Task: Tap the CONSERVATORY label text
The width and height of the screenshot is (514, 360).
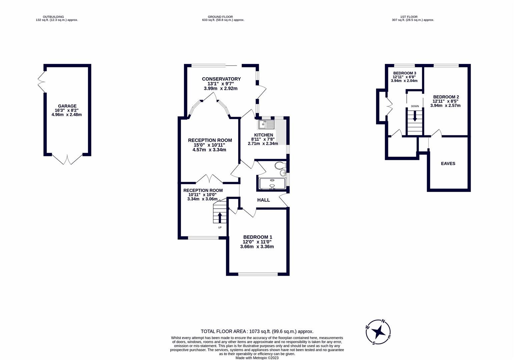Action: (x=221, y=79)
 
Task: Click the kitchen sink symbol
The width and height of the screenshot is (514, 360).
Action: (x=266, y=124)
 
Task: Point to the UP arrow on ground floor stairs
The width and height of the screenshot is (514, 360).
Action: (x=219, y=218)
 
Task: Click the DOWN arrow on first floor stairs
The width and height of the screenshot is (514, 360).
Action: (x=415, y=116)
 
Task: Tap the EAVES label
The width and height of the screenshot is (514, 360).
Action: (x=448, y=163)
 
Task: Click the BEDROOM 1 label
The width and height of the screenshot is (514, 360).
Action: (x=258, y=237)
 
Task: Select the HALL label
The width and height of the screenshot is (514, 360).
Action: (x=263, y=200)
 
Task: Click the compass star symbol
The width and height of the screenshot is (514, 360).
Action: (x=379, y=332)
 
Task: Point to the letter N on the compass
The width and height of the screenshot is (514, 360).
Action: (x=383, y=321)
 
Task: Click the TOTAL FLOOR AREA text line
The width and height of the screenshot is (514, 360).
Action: (x=257, y=331)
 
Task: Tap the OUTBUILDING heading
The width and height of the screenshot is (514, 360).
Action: (x=53, y=17)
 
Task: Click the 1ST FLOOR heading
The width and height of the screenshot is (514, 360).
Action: (x=409, y=17)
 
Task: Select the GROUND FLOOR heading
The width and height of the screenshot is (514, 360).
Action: (x=220, y=17)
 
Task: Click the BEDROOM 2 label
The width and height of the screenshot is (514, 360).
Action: (x=446, y=97)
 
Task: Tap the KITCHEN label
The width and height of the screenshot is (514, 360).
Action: (x=263, y=135)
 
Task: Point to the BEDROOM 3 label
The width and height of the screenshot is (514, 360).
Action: (x=404, y=73)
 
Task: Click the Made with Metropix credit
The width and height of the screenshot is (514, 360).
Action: (x=257, y=358)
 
